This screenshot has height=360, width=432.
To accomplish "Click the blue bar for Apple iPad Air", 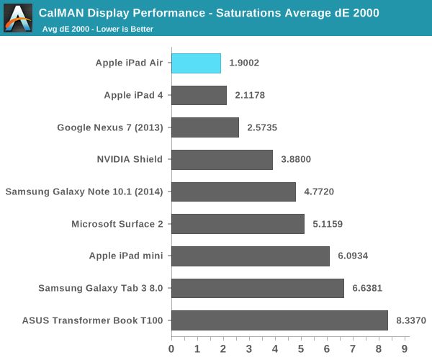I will [x=196, y=63].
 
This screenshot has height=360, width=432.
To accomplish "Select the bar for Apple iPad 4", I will [x=199, y=95].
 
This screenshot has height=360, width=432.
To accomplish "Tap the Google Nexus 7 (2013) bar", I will [x=205, y=127].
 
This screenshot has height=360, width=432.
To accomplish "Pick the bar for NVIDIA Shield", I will [x=222, y=160].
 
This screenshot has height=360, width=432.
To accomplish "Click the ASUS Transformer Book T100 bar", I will [x=279, y=320].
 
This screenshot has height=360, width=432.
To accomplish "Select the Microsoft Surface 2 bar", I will [x=238, y=224].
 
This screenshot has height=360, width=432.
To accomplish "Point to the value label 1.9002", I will [x=244, y=63].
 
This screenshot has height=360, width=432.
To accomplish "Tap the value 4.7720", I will [x=319, y=192].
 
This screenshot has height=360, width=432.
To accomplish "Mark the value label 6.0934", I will [x=352, y=256].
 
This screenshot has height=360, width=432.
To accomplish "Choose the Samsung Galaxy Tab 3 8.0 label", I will [x=101, y=288].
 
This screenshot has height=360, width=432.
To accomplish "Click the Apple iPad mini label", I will [x=125, y=256].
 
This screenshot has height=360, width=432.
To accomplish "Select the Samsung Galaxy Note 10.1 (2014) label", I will [x=84, y=192].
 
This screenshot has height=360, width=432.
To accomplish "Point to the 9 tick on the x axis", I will [x=405, y=348].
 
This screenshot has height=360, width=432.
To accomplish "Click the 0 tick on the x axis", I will [x=171, y=348].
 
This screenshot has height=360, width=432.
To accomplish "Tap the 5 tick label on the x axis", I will [x=301, y=348].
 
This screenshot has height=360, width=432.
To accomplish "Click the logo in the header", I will [x=18, y=18].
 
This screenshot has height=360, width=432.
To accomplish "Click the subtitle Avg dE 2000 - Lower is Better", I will [x=97, y=29].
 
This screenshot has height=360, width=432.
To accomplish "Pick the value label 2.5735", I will [x=262, y=127].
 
